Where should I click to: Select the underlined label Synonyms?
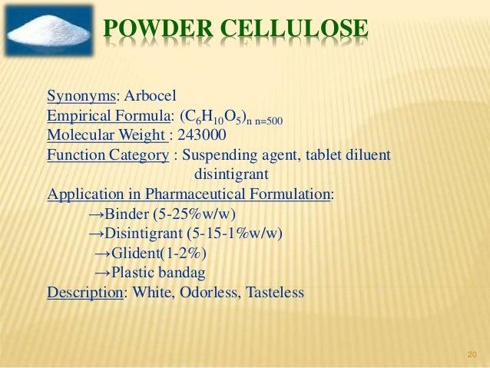(81, 97)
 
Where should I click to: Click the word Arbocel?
(149, 97)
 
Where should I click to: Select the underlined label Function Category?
(108, 155)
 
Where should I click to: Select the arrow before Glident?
(102, 254)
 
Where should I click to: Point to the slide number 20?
(472, 354)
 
